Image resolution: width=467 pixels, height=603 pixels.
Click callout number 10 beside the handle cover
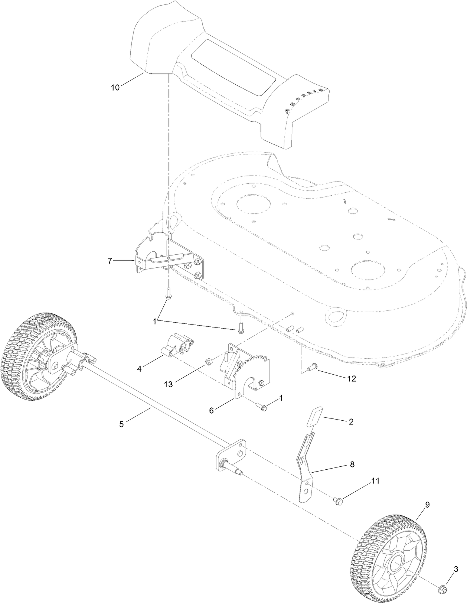pos(115,88)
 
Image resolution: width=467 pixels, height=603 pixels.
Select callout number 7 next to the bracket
pos(110,261)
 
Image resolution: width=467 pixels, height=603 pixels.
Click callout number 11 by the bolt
pos(375,481)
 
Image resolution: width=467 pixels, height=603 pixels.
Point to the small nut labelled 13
pos(209,362)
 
